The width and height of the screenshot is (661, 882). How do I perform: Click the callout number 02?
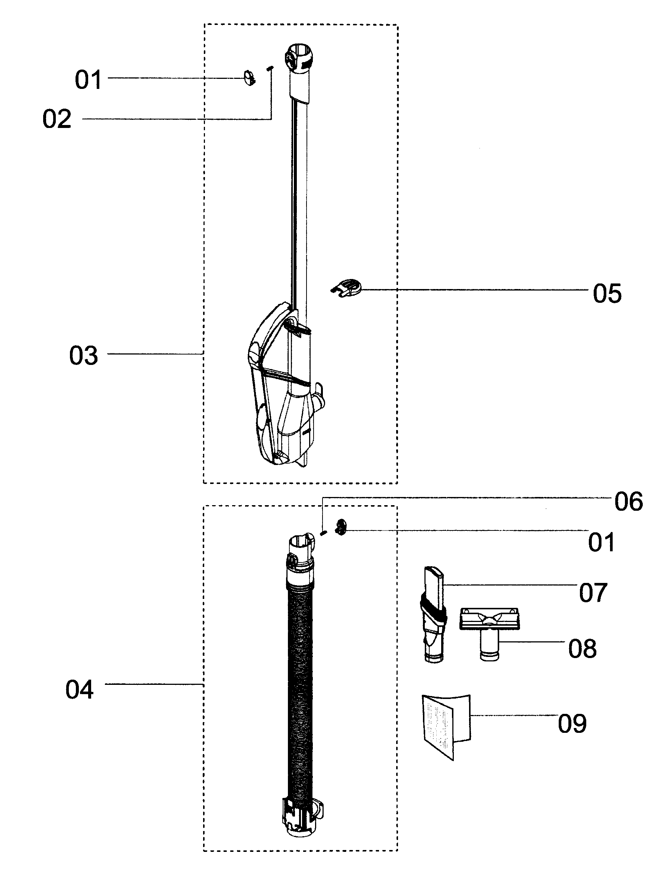click(x=57, y=119)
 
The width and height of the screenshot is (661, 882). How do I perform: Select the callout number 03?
click(x=84, y=356)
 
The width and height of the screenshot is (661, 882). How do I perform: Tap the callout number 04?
click(x=80, y=690)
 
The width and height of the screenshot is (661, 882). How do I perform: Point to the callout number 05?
click(x=607, y=294)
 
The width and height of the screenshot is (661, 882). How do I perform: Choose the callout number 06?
click(x=629, y=501)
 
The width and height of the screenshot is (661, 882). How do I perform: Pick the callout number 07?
click(x=593, y=593)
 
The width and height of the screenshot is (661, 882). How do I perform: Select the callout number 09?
click(x=572, y=724)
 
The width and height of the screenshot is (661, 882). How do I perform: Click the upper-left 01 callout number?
click(x=89, y=80)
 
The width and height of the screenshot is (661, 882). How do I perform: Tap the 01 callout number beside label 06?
click(x=601, y=542)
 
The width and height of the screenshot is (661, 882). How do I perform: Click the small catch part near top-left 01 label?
click(x=250, y=78)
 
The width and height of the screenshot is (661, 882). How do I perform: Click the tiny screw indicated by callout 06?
click(x=324, y=532)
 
